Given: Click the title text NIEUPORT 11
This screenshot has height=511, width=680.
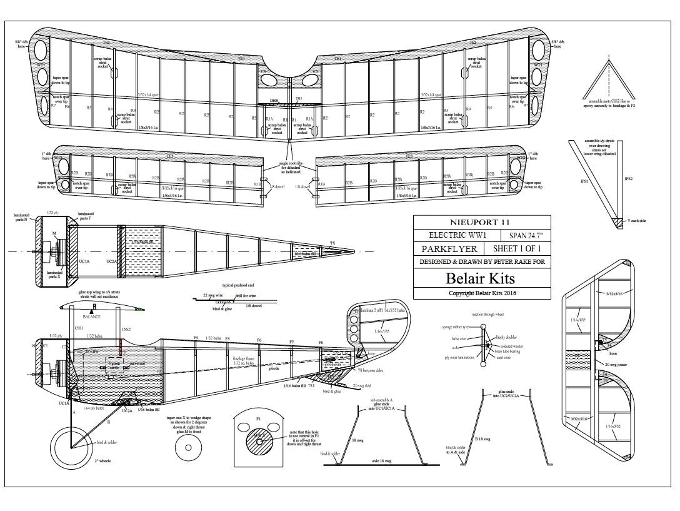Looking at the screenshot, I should pyautogui.click(x=482, y=222).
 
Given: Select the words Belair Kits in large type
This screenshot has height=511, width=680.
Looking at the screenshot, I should pyautogui.click(x=482, y=278).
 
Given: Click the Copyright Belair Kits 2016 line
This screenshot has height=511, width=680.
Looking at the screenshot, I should pyautogui.click(x=482, y=293).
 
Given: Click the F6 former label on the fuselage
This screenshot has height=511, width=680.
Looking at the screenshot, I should pyautogui.click(x=259, y=340).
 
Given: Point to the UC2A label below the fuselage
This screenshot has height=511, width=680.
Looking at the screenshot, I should pyautogui.click(x=127, y=411).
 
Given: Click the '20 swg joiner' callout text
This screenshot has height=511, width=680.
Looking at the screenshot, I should pyautogui.click(x=617, y=363).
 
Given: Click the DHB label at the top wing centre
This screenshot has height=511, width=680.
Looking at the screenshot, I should pyautogui.click(x=273, y=100).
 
